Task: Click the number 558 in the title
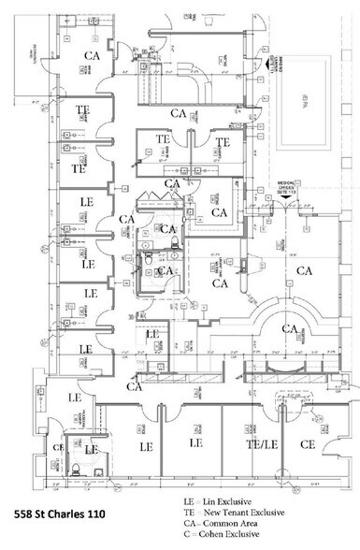click(28, 514)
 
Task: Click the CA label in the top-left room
click(93, 55)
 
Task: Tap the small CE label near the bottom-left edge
click(57, 447)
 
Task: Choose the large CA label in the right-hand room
click(304, 271)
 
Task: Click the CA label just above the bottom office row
click(135, 386)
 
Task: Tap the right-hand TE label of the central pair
click(223, 142)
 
